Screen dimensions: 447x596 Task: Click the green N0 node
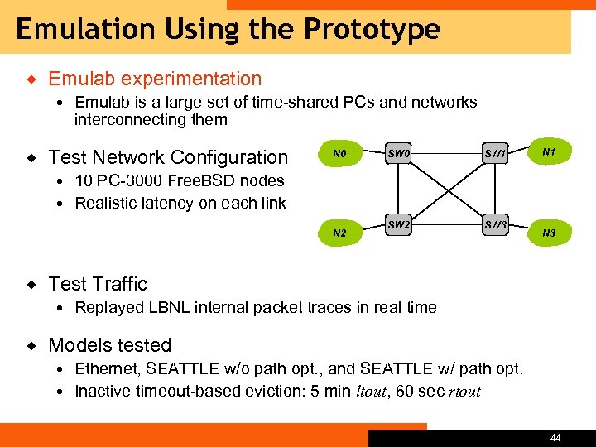[339, 154]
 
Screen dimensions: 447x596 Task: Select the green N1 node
[548, 152]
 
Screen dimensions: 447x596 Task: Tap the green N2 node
[339, 233]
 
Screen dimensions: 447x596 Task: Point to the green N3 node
[548, 233]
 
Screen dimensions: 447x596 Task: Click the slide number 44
[555, 438]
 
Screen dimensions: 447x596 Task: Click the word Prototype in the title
[372, 30]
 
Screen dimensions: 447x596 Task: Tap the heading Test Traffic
[98, 284]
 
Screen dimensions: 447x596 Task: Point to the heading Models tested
[109, 345]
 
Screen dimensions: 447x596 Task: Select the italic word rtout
[464, 392]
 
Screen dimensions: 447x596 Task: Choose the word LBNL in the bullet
[166, 307]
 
